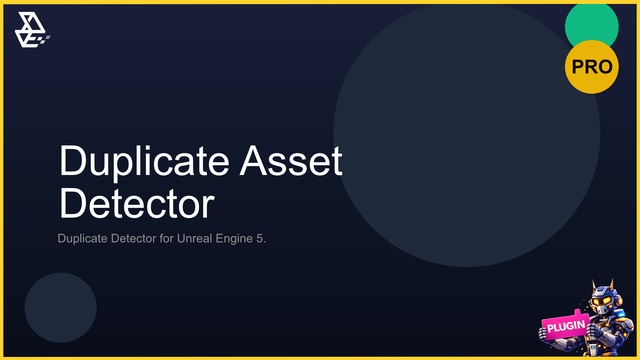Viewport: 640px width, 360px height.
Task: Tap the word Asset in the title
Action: click(x=291, y=160)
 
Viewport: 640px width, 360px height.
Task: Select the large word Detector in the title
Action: click(x=137, y=203)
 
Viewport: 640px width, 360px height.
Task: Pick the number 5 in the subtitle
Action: click(x=260, y=238)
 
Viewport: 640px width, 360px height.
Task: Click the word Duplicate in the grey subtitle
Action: click(x=82, y=239)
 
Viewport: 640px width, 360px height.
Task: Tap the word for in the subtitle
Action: click(x=167, y=238)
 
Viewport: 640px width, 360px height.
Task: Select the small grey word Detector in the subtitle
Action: click(x=133, y=238)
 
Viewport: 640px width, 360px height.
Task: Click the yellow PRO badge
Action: click(x=591, y=67)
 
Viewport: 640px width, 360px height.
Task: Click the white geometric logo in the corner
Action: click(x=32, y=30)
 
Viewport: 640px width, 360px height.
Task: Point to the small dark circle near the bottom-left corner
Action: click(x=60, y=308)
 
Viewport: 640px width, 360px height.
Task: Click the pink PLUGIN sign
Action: click(x=565, y=325)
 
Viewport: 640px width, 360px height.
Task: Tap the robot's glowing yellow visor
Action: click(x=602, y=301)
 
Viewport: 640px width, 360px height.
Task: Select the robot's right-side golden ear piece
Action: click(x=618, y=301)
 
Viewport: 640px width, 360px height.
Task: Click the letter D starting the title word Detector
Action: click(x=73, y=203)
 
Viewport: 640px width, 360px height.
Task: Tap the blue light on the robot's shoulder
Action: click(x=620, y=314)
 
